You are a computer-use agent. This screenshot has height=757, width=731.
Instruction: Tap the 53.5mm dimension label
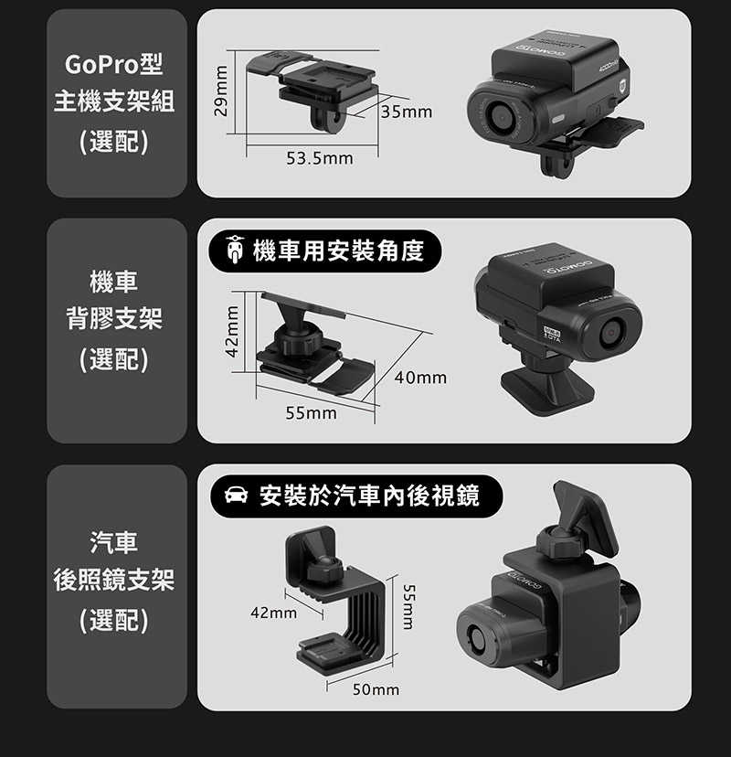[x=319, y=160]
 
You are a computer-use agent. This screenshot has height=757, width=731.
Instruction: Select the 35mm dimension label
[x=407, y=112]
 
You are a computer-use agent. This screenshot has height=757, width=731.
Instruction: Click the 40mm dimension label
[x=421, y=377]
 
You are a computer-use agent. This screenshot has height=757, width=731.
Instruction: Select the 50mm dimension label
[x=376, y=689]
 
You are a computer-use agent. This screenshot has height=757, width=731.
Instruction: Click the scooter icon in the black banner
[x=235, y=250]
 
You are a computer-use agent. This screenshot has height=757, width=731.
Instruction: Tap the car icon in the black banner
[x=235, y=496]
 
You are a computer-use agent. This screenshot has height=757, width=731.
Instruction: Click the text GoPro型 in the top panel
[x=114, y=67]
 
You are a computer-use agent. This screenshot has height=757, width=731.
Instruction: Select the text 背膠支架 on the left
[x=114, y=319]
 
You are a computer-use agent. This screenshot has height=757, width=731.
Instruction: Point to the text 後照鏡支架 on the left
[x=114, y=580]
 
